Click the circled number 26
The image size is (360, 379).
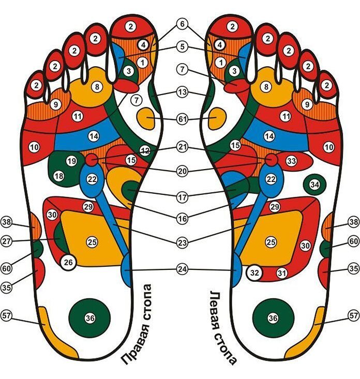68,263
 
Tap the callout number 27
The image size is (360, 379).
6,240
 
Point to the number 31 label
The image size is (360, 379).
281,272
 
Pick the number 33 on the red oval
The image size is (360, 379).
292,162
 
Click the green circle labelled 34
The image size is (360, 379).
314,184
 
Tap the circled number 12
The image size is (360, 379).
145,150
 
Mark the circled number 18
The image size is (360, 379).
58,176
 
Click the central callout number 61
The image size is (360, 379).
182,119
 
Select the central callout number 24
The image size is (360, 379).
182,269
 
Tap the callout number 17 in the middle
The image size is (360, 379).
182,196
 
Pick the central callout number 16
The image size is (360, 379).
182,219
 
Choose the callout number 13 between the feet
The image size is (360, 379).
182,92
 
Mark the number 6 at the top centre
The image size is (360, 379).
182,24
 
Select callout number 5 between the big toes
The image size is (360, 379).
182,46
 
